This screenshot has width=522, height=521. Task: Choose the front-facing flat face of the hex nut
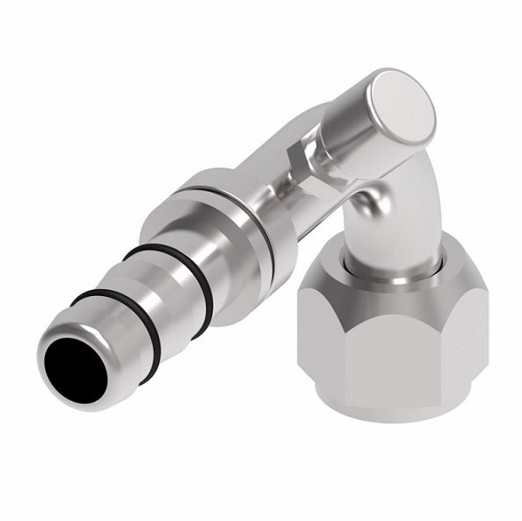tap(387, 351)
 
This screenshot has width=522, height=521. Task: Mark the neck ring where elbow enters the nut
tap(378, 264)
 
